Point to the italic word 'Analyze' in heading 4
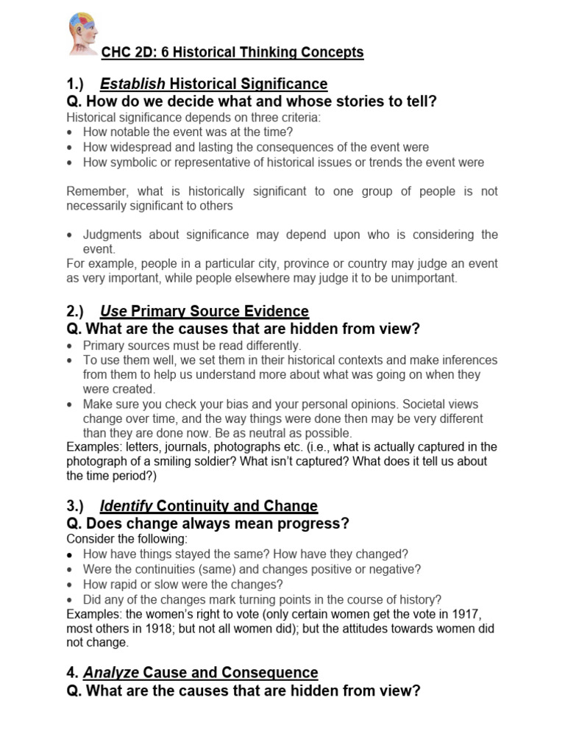(x=110, y=672)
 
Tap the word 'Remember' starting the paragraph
(x=95, y=191)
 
